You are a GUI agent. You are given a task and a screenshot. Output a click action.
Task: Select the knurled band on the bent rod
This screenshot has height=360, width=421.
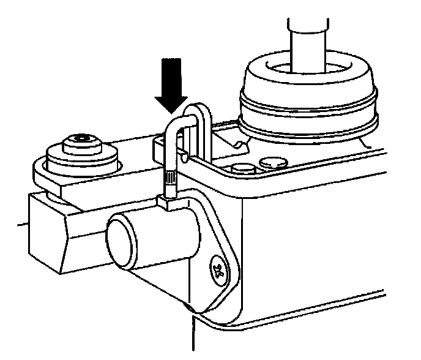(x=168, y=181)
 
